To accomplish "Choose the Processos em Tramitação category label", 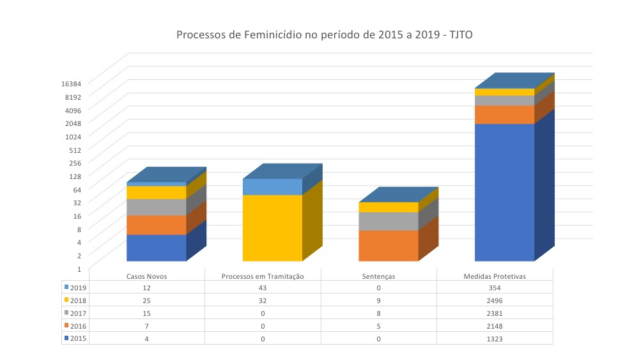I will click(262, 276).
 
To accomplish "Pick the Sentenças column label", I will click(378, 276).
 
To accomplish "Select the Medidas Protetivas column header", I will click(495, 276).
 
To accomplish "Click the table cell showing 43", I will click(262, 288).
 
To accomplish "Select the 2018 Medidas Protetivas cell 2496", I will click(495, 301).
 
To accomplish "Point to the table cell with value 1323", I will click(495, 338).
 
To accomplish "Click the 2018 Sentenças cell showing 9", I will click(378, 301).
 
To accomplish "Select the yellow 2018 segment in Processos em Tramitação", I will click(272, 228).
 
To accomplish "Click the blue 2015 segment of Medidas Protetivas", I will click(504, 192).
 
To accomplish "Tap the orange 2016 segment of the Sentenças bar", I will click(389, 246).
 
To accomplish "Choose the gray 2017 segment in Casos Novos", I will click(156, 207).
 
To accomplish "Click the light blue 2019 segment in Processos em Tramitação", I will click(272, 187).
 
